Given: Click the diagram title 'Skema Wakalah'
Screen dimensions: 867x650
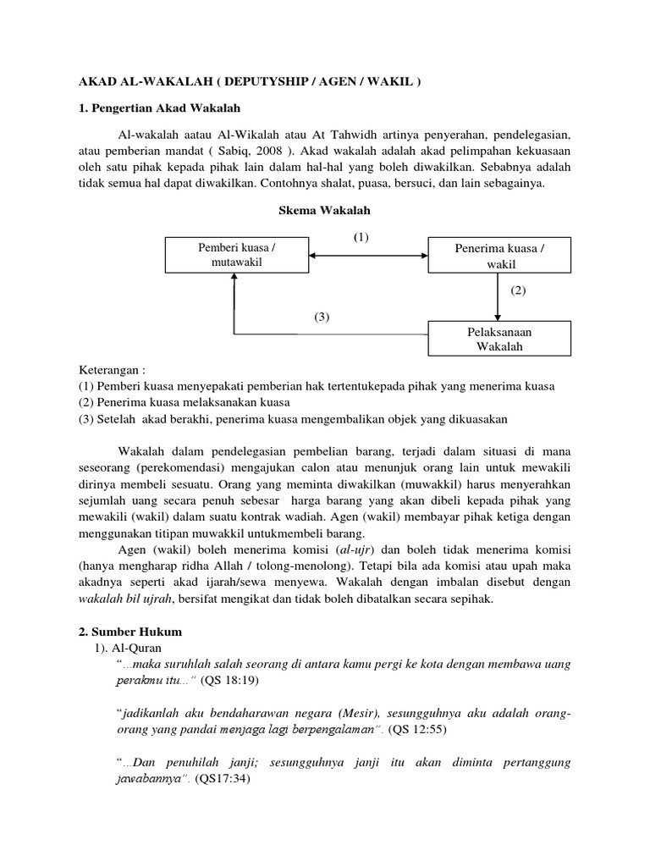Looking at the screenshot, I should pyautogui.click(x=325, y=209).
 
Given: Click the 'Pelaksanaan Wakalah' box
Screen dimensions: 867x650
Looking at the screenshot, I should pyautogui.click(x=499, y=339).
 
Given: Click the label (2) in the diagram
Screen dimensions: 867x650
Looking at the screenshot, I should pyautogui.click(x=519, y=290).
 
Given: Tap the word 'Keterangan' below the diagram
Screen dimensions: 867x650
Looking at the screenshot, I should pyautogui.click(x=105, y=371).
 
